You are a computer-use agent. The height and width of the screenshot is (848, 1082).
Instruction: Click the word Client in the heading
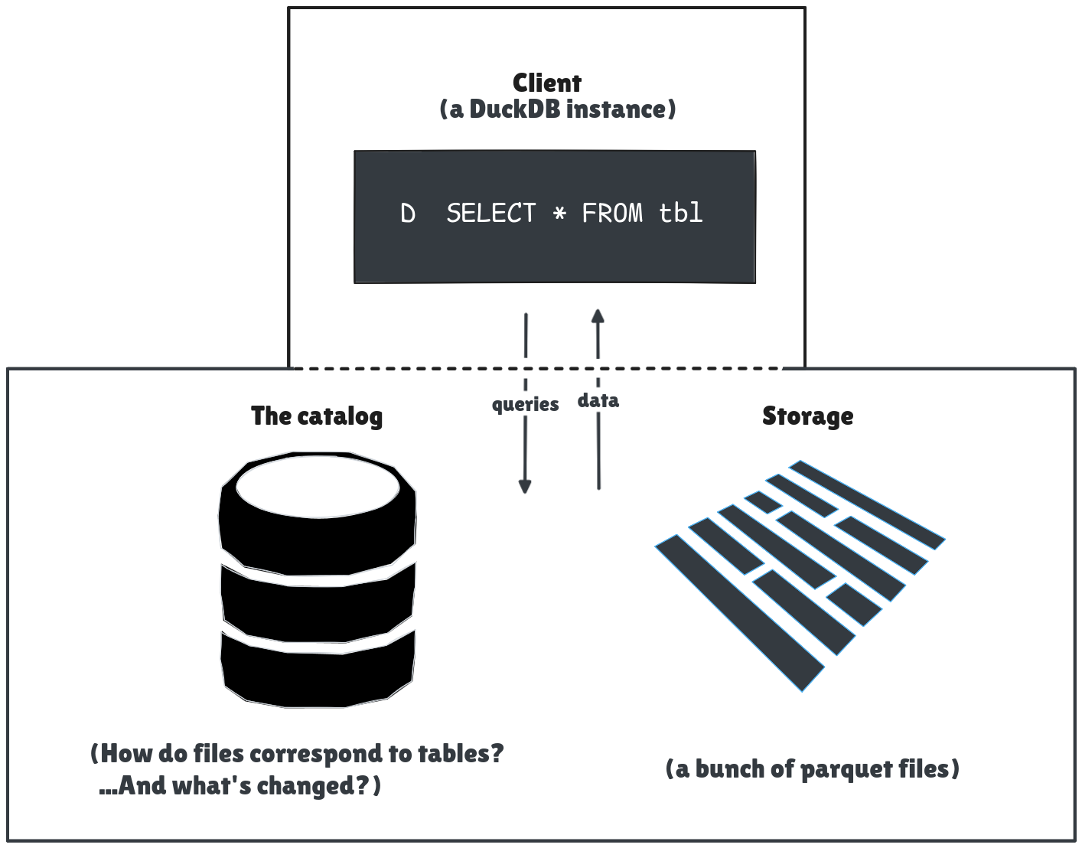[x=546, y=83]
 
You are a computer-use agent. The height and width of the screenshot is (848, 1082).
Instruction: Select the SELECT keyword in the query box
[x=491, y=213]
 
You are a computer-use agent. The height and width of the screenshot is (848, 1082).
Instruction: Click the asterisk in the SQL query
[x=559, y=214]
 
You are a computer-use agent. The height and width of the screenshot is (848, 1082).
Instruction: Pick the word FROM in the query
[x=612, y=213]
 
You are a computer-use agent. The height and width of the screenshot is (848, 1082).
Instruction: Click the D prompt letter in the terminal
[x=408, y=214]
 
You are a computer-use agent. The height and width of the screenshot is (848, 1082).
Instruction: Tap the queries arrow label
[x=525, y=404]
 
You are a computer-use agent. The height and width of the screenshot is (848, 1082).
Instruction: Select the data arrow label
[x=598, y=400]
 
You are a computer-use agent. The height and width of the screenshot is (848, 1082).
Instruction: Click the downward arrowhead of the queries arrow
[x=525, y=486]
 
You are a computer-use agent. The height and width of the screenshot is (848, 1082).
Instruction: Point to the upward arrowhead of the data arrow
[x=598, y=315]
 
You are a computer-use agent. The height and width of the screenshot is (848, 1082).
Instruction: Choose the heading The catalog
[x=317, y=416]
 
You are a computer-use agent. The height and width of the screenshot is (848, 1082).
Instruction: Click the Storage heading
[x=807, y=416]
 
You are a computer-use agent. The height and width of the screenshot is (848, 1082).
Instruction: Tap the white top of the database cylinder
[x=318, y=487]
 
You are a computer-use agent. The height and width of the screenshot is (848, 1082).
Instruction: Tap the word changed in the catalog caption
[x=303, y=786]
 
